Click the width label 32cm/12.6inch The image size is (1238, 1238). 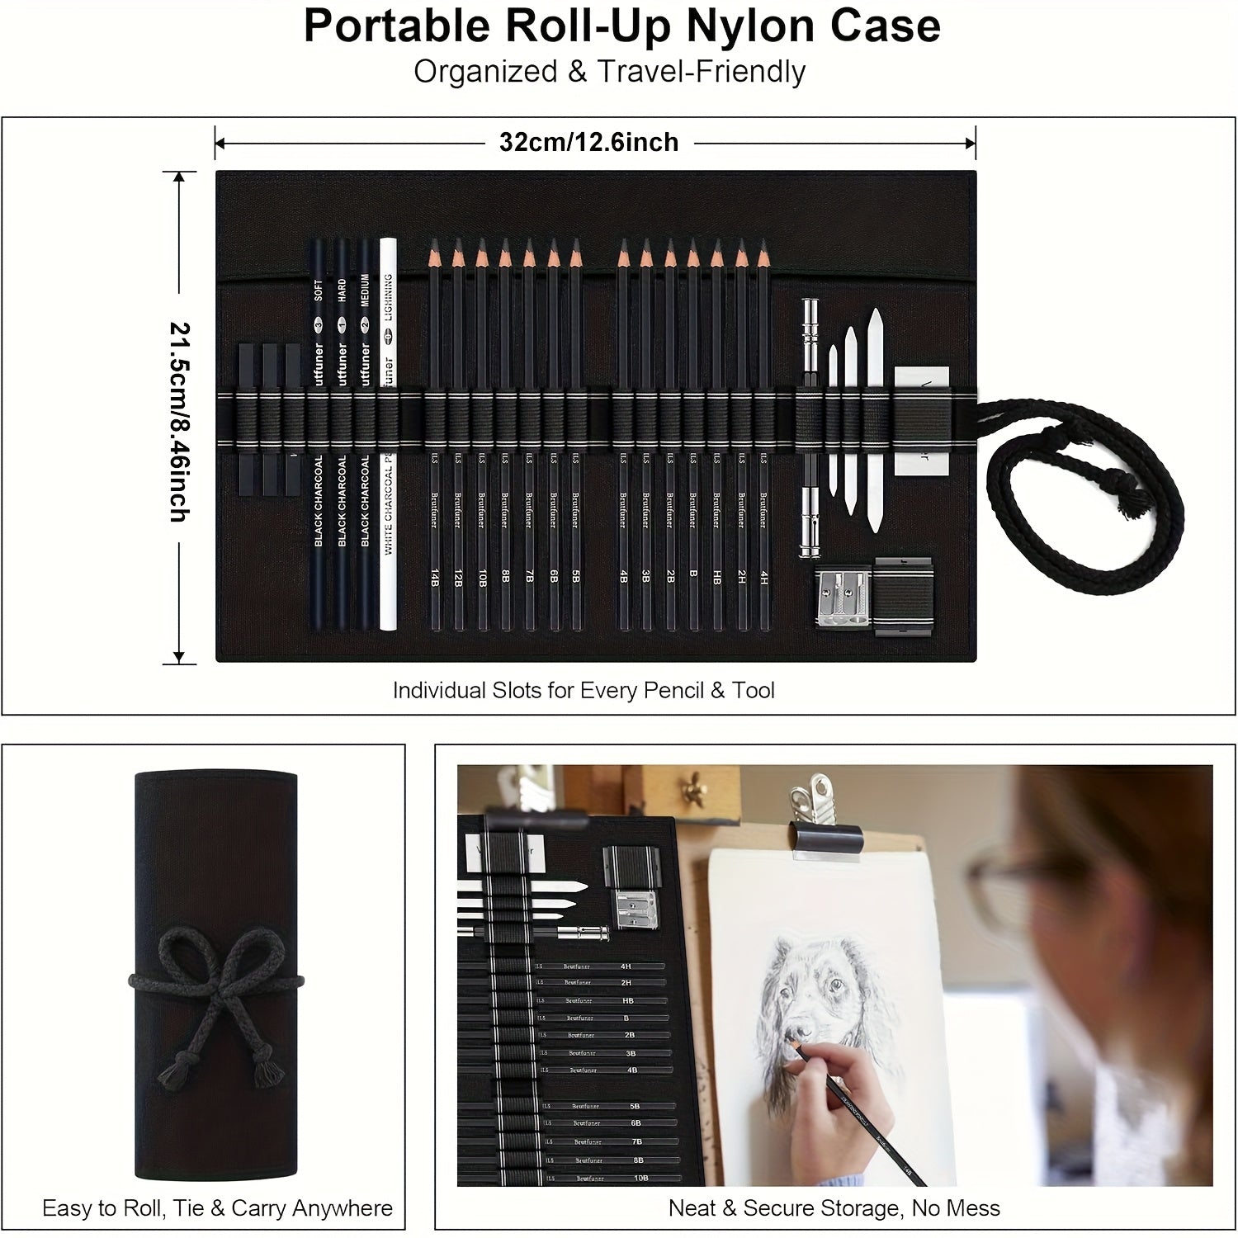point(588,143)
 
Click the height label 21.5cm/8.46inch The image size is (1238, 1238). point(180,421)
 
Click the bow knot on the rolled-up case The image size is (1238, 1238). point(217,982)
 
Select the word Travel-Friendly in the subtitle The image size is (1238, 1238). point(701,73)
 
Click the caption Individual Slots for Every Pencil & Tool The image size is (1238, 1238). point(584,690)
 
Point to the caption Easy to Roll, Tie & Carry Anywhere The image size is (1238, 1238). point(217,1208)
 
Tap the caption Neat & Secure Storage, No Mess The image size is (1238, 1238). point(834,1208)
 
